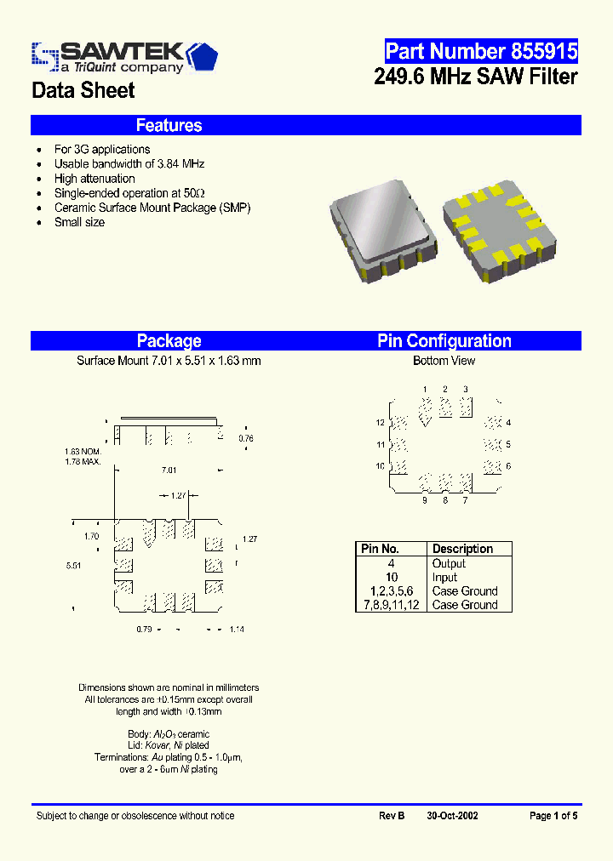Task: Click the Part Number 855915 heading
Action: click(481, 51)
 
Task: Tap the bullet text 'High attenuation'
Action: click(95, 179)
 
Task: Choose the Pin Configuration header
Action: click(444, 341)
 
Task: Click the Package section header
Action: click(169, 341)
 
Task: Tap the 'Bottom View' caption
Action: click(444, 361)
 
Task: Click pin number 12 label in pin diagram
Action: click(381, 423)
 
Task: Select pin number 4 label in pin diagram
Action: click(508, 423)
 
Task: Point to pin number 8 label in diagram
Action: click(444, 500)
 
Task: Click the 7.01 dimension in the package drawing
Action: click(169, 470)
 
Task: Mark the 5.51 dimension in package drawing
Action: click(74, 565)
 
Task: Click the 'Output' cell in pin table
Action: click(449, 563)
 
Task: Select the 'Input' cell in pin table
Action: click(444, 577)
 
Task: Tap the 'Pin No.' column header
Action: click(380, 549)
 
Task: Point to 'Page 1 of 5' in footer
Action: click(553, 816)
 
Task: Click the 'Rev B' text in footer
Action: click(391, 816)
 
